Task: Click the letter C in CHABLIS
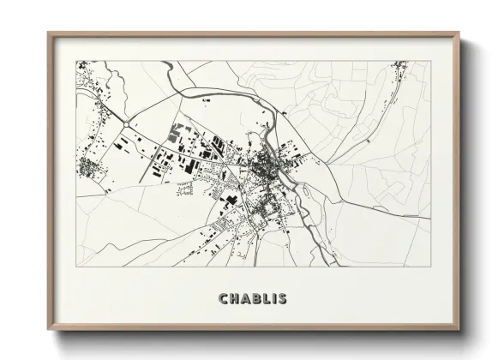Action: click(x=224, y=299)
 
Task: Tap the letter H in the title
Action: click(x=236, y=299)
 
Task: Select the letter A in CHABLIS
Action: click(x=247, y=299)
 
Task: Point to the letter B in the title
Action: click(x=258, y=299)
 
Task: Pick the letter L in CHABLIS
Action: click(x=268, y=299)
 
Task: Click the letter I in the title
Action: click(x=276, y=299)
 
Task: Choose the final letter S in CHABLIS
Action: click(x=284, y=299)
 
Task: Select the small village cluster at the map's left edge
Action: click(x=88, y=165)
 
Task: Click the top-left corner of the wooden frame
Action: click(x=49, y=34)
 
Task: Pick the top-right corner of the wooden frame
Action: click(x=459, y=34)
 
